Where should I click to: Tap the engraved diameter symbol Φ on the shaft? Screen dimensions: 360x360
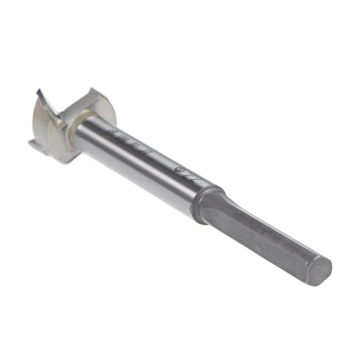[180, 170]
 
